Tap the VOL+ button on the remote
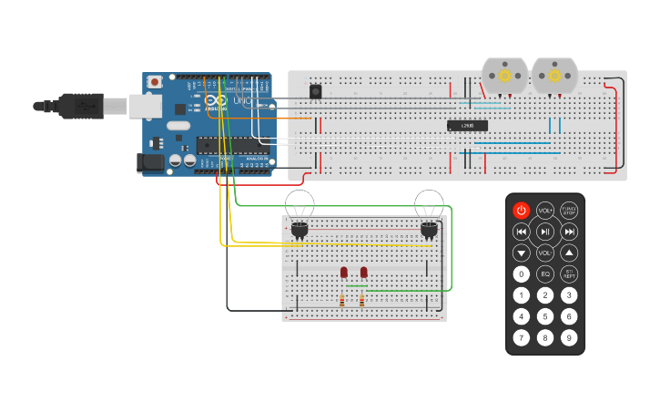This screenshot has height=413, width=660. click(545, 211)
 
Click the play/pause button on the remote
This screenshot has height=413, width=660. click(545, 232)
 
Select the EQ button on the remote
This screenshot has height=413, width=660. click(545, 274)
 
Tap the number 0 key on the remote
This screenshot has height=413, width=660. click(521, 274)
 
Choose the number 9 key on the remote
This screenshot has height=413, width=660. click(569, 337)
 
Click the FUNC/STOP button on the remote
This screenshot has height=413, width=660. click(569, 211)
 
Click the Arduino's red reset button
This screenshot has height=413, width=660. click(155, 82)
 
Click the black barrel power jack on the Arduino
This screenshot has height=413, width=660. click(150, 163)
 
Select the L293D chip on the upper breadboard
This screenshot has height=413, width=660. click(467, 126)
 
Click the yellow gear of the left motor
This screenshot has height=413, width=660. click(504, 77)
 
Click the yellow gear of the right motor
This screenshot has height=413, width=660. click(554, 77)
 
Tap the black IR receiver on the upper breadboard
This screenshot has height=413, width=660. click(316, 91)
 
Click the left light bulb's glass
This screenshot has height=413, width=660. click(300, 203)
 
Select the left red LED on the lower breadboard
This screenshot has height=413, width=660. click(344, 272)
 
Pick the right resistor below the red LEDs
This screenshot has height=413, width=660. click(361, 300)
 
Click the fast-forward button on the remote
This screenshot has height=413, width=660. click(569, 232)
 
